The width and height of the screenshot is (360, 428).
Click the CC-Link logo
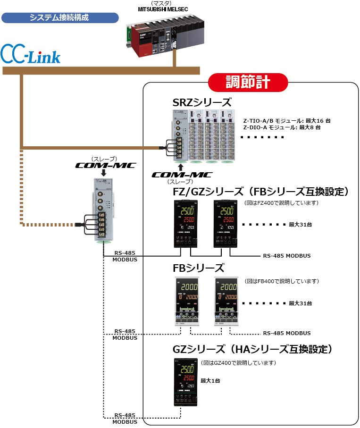pos(31,54)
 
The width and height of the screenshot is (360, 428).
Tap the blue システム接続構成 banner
pos(59,18)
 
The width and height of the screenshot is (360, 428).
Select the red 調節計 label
pos(248,82)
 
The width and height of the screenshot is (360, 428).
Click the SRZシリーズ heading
pos(202,103)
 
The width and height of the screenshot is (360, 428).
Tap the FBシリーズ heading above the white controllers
pos(199,268)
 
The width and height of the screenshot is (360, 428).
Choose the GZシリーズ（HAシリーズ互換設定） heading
pos(253,350)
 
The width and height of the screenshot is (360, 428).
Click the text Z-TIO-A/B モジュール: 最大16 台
pos(286,121)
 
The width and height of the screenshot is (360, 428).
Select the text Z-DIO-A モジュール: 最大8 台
pos(282,127)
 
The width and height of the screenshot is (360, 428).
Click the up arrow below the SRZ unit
pos(180,167)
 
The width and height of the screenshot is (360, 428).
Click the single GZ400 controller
pos(185,382)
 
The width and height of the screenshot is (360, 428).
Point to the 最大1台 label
pos(210,380)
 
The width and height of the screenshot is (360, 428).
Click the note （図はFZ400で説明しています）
pos(281,203)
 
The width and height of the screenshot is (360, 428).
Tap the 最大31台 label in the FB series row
pos(300,303)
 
